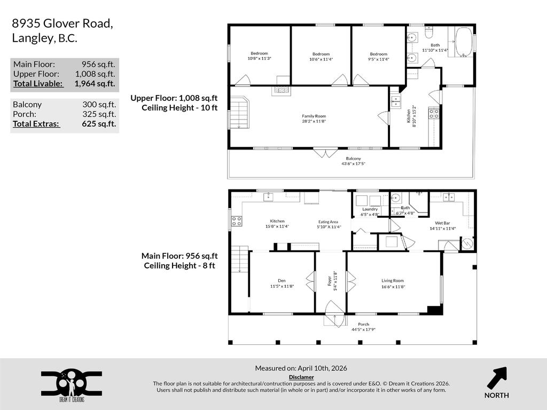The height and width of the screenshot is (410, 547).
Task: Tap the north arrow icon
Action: (x=496, y=377)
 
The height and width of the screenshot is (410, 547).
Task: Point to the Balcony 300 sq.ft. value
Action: (x=99, y=105)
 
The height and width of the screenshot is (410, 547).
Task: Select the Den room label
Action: (x=282, y=283)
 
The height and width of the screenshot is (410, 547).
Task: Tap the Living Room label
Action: (x=393, y=283)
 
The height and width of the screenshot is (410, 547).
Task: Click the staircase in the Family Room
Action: (x=240, y=113)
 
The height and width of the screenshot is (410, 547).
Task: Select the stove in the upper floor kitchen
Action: (x=434, y=113)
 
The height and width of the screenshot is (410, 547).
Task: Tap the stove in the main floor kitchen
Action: (x=236, y=221)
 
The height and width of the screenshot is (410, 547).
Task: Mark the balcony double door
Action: (x=322, y=153)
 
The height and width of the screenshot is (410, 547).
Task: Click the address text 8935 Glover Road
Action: (x=62, y=23)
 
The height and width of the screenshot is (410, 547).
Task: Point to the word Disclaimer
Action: (x=301, y=377)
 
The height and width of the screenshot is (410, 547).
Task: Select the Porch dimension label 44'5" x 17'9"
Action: (x=363, y=329)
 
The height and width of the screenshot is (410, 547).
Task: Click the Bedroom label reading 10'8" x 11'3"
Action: (x=260, y=56)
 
